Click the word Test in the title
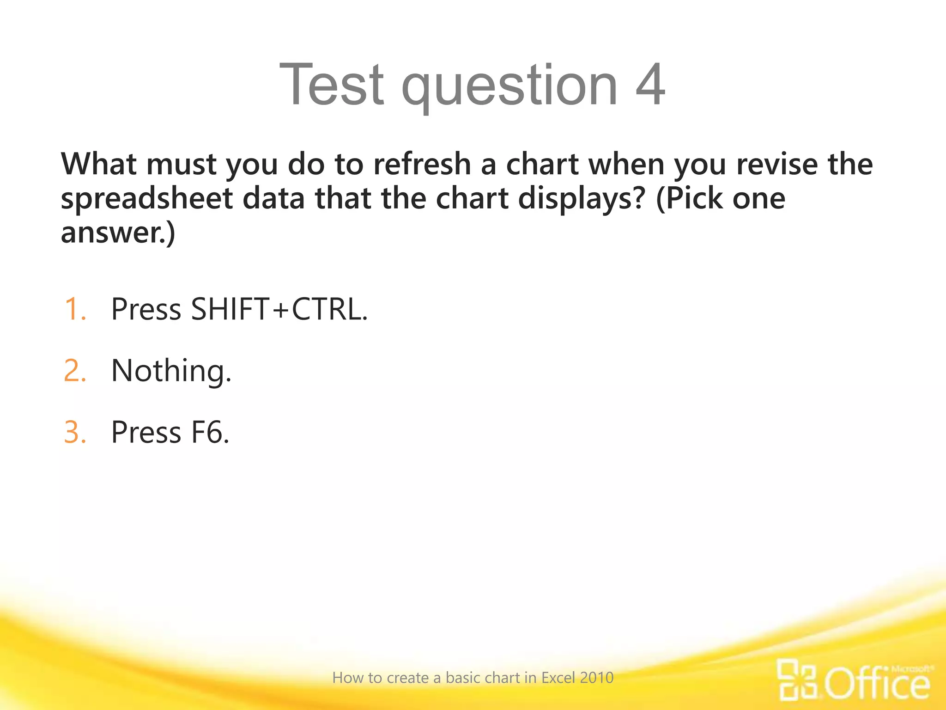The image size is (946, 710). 331,84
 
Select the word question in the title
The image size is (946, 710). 509,88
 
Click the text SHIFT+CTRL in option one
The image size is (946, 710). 279,309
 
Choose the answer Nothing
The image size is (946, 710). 171,371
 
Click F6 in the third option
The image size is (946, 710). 210,432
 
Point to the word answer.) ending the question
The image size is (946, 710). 118,232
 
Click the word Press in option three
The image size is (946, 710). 146,432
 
